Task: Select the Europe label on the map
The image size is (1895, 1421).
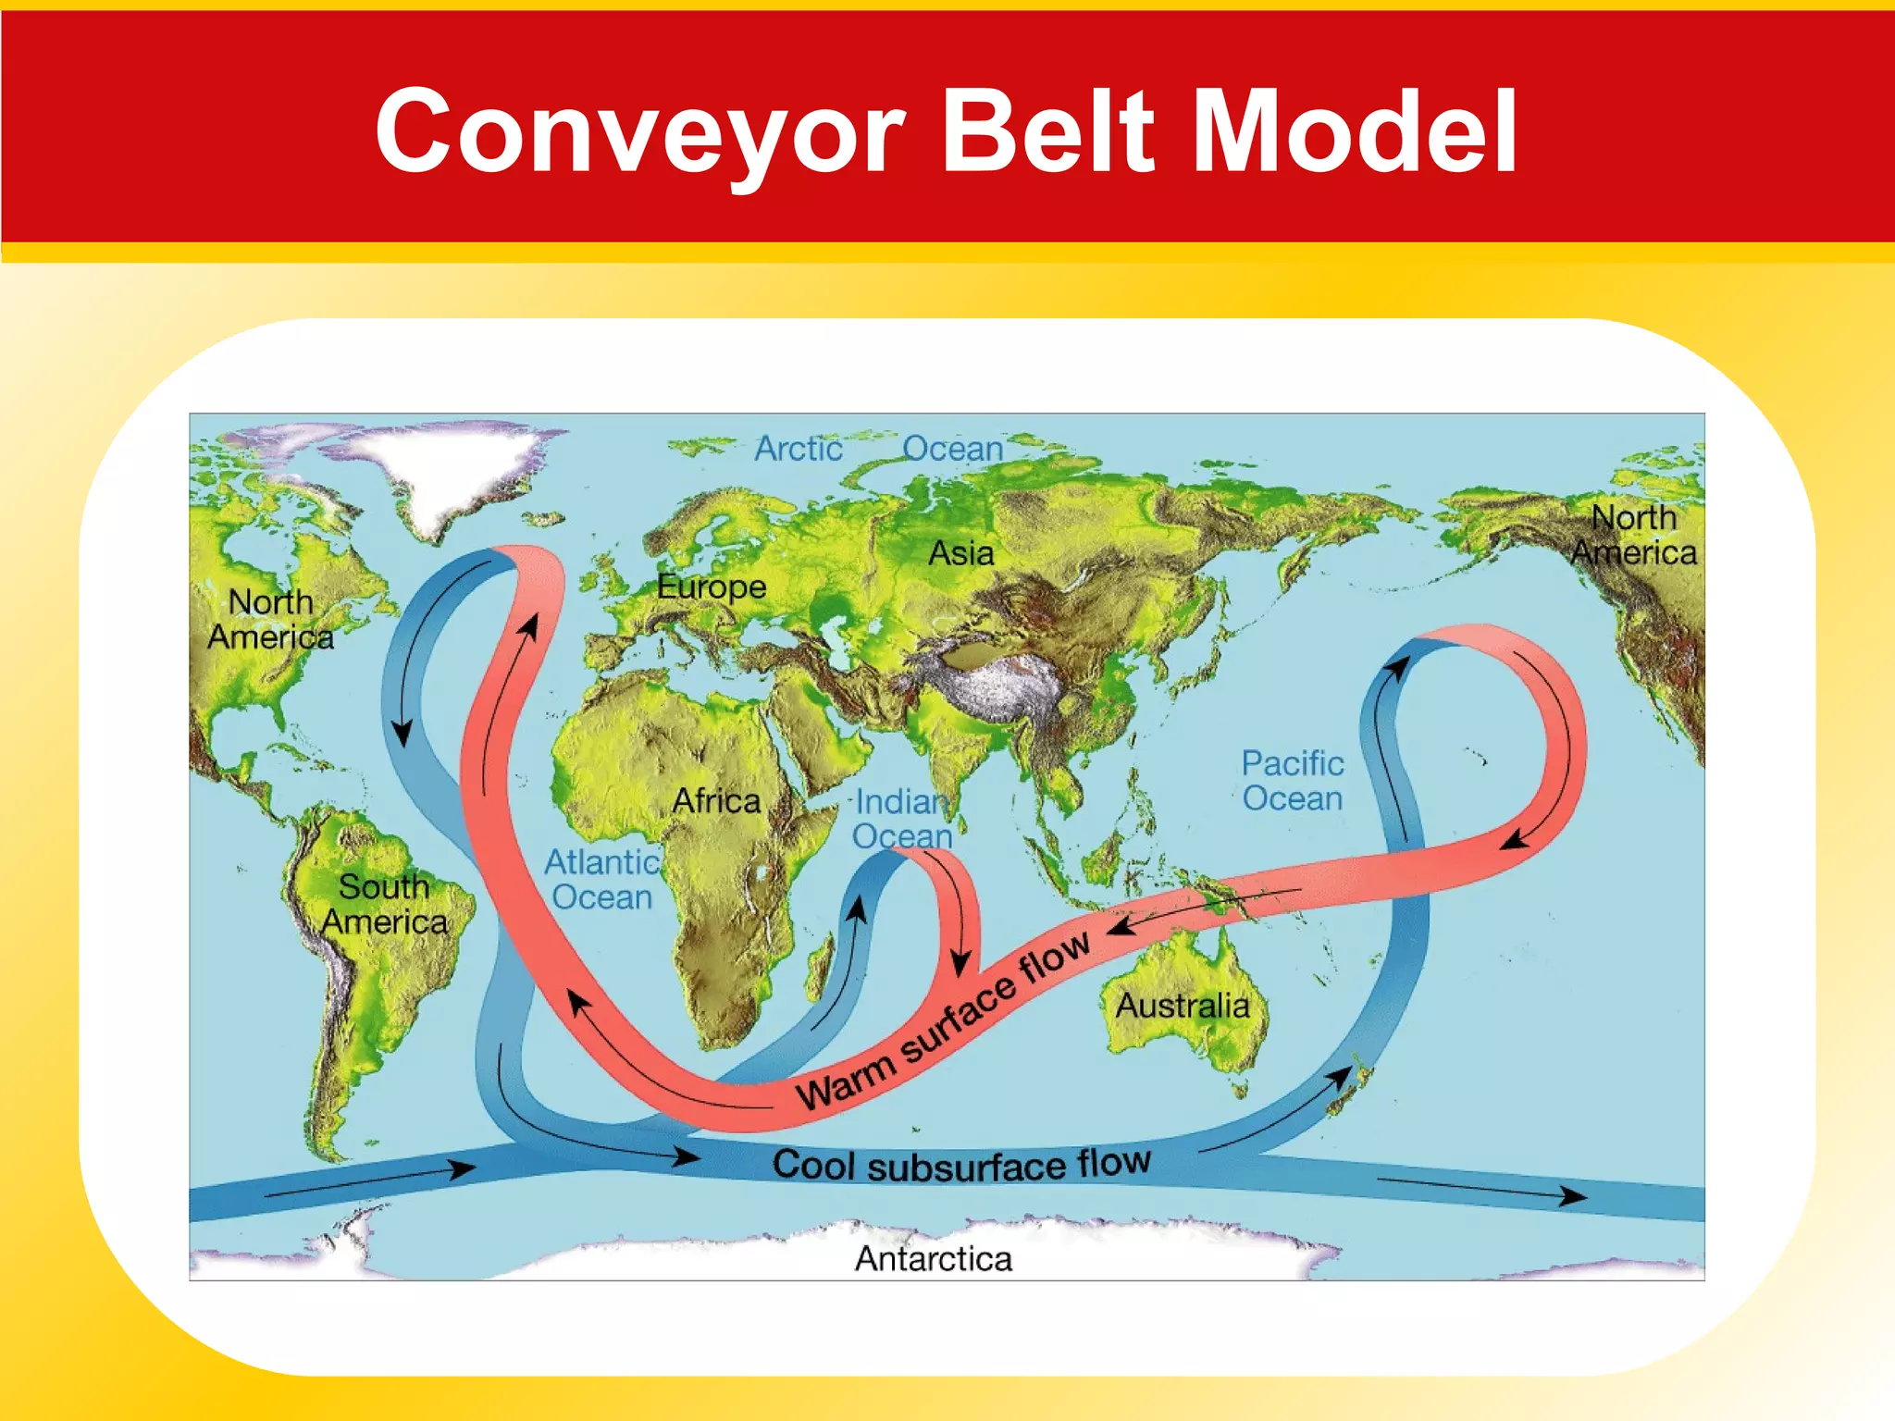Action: pyautogui.click(x=711, y=587)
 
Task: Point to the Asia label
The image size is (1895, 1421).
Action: pyautogui.click(x=961, y=553)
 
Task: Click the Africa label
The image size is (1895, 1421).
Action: pyautogui.click(x=716, y=800)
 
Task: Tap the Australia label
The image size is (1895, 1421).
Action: pyautogui.click(x=1182, y=1005)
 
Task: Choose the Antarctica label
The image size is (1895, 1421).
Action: pyautogui.click(x=933, y=1258)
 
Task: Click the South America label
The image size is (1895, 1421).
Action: pyautogui.click(x=384, y=904)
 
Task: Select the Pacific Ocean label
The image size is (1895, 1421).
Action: pyautogui.click(x=1292, y=781)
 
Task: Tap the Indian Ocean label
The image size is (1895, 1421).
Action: pyautogui.click(x=902, y=819)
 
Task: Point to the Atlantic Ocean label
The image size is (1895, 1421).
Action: pyautogui.click(x=601, y=880)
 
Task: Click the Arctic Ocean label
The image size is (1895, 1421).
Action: pyautogui.click(x=878, y=449)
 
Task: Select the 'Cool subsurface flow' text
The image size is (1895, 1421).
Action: pyautogui.click(x=961, y=1164)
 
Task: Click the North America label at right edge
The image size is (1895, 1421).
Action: pyautogui.click(x=1634, y=535)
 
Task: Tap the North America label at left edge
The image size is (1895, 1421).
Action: pyautogui.click(x=270, y=619)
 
